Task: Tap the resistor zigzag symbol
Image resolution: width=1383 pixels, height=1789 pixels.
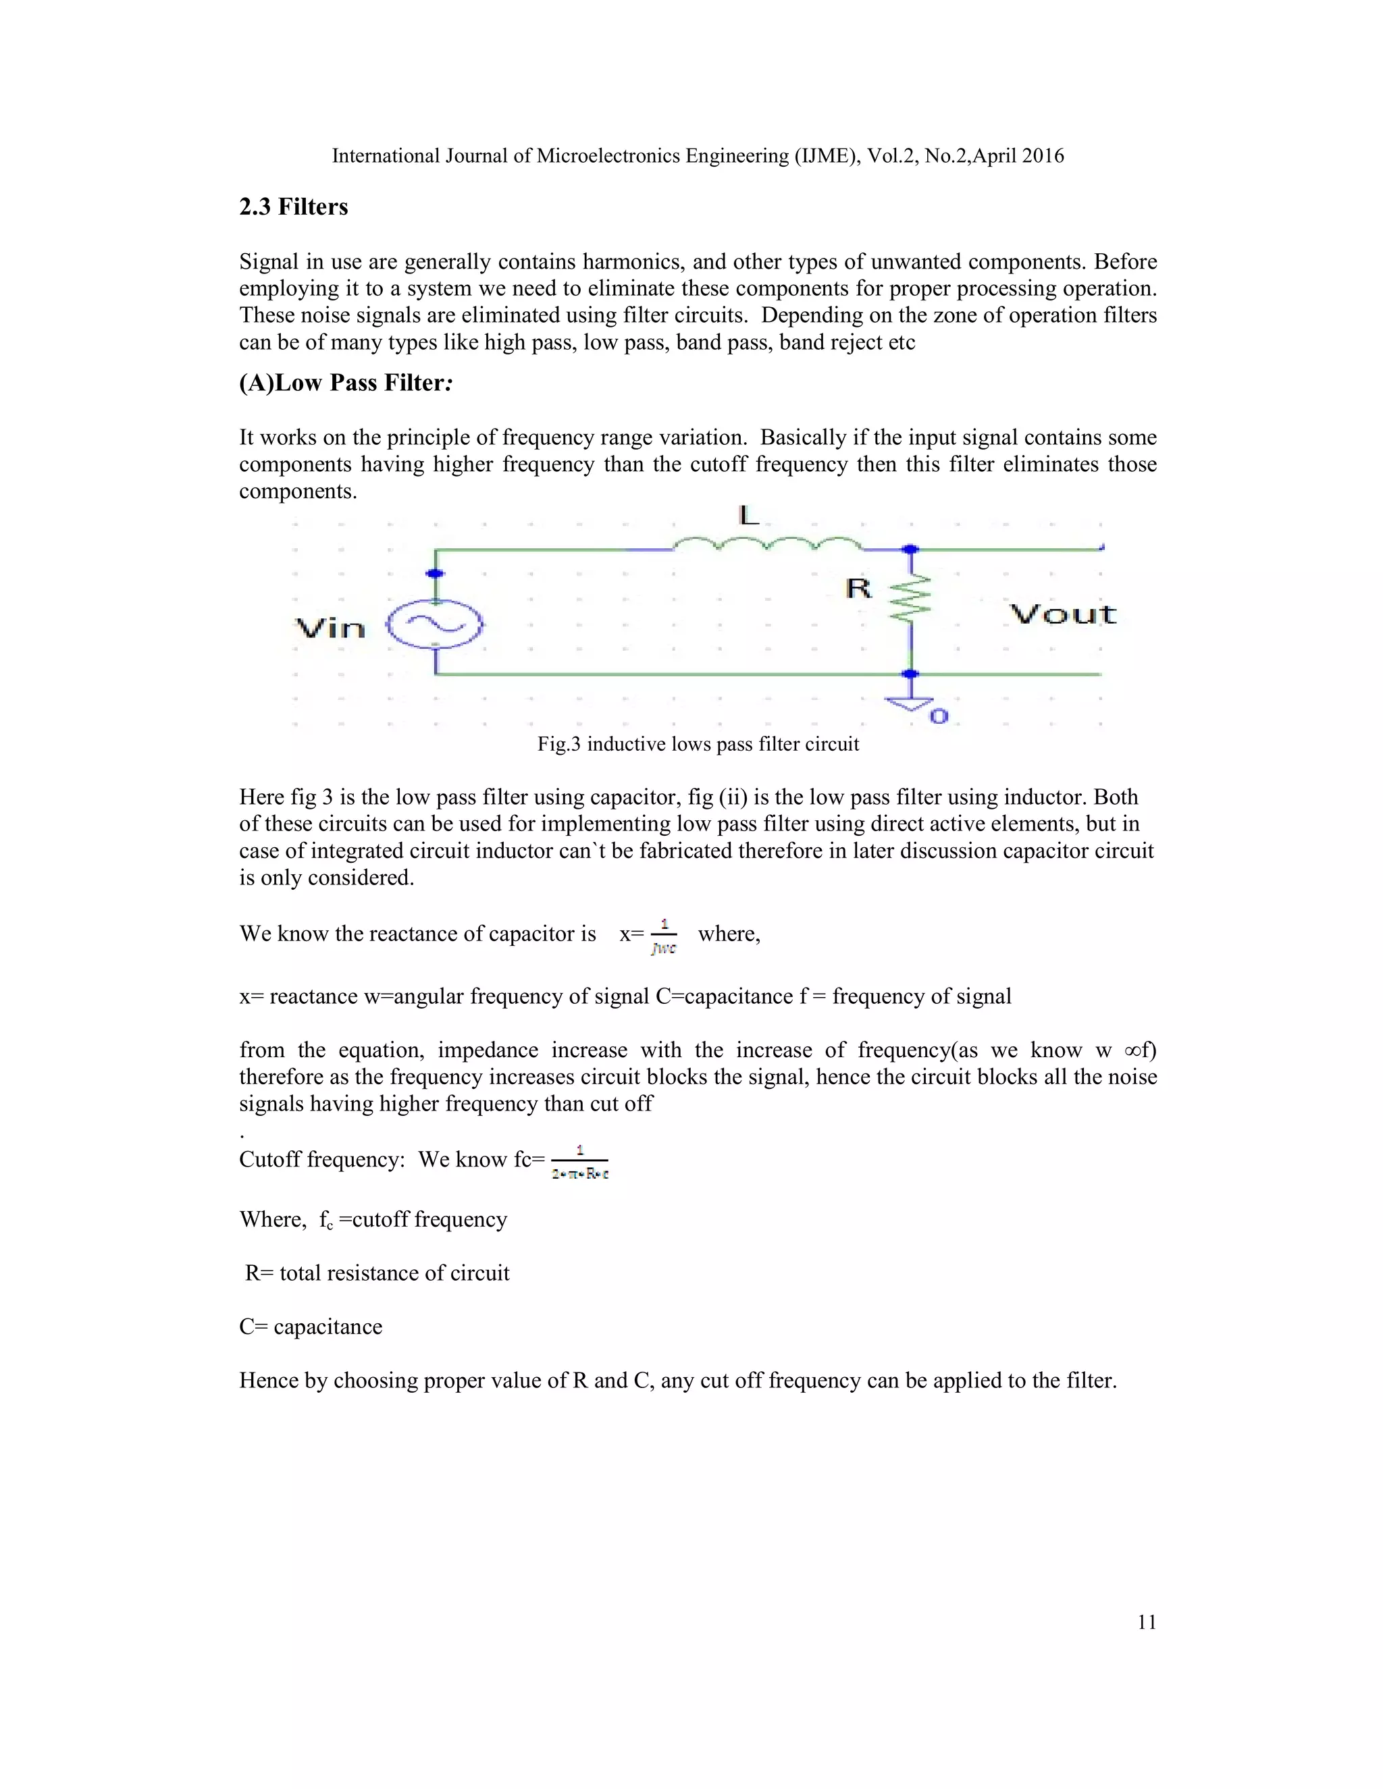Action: (911, 598)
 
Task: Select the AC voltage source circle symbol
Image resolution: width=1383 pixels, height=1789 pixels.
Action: (435, 625)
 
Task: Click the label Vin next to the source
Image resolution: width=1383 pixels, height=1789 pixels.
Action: (330, 629)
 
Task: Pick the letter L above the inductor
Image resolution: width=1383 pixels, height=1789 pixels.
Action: (749, 515)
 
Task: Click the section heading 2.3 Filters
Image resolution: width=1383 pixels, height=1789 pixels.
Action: (293, 207)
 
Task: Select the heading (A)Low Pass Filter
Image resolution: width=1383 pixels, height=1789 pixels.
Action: (345, 383)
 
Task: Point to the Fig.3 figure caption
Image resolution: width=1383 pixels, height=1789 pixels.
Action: (697, 744)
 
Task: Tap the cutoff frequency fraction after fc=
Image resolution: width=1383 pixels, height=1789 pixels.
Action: (580, 1162)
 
